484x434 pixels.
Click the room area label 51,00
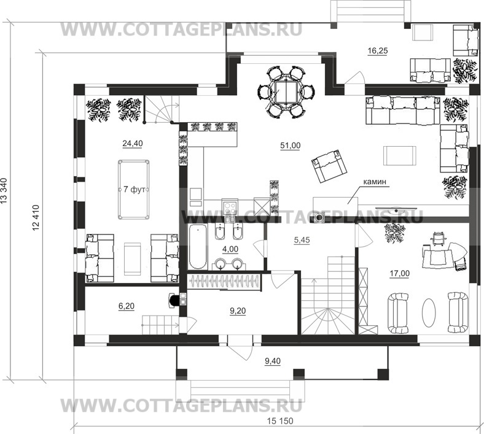(290, 145)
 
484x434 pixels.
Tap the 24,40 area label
(133, 144)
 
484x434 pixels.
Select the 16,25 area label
(378, 50)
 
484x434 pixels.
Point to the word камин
(375, 182)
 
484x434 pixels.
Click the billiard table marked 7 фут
(133, 190)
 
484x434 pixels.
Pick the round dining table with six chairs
(286, 91)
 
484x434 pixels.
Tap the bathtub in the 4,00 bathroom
(198, 247)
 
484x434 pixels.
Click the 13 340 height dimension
(4, 191)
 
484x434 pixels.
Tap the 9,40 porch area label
(273, 361)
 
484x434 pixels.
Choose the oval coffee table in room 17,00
(429, 312)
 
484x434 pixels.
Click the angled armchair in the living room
(329, 166)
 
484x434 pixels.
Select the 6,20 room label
(127, 306)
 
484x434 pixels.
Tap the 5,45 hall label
(302, 240)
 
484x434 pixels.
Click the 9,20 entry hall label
(238, 311)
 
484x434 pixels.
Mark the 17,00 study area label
(399, 273)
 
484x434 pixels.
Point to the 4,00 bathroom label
(230, 249)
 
